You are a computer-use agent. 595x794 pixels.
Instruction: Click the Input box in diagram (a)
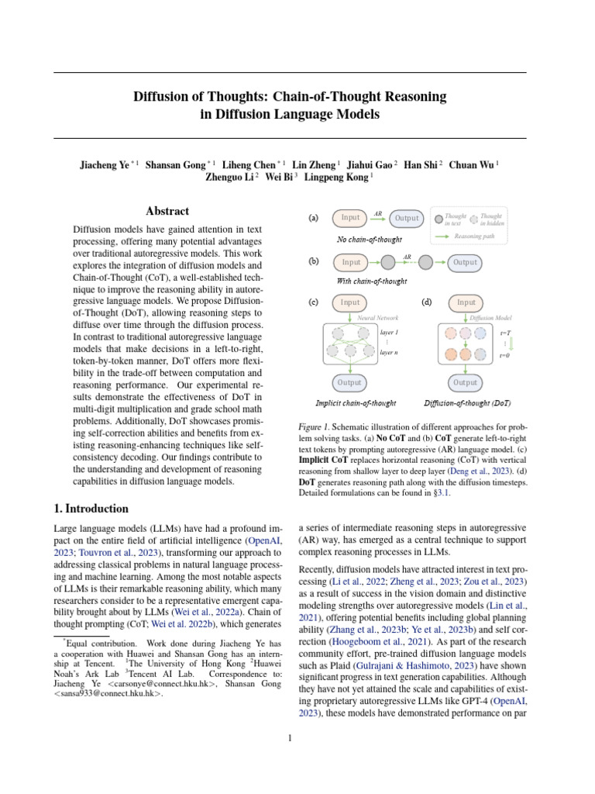click(350, 218)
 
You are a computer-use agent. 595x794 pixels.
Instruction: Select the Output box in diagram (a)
click(407, 219)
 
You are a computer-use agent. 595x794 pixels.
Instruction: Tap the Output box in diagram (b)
click(465, 263)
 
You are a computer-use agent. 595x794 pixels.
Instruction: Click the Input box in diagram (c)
click(350, 302)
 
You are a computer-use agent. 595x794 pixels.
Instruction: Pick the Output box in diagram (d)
click(465, 382)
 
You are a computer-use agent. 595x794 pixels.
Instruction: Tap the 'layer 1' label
click(390, 332)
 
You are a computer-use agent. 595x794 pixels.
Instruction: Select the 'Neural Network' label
click(378, 318)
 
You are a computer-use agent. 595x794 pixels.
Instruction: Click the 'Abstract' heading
click(167, 211)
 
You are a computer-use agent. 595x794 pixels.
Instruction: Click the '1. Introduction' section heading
click(91, 509)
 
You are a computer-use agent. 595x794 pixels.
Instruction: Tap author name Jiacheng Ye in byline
click(104, 164)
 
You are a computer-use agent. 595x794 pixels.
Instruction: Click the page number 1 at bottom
click(290, 737)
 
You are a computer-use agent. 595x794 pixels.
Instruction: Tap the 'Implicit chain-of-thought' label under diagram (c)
click(356, 403)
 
